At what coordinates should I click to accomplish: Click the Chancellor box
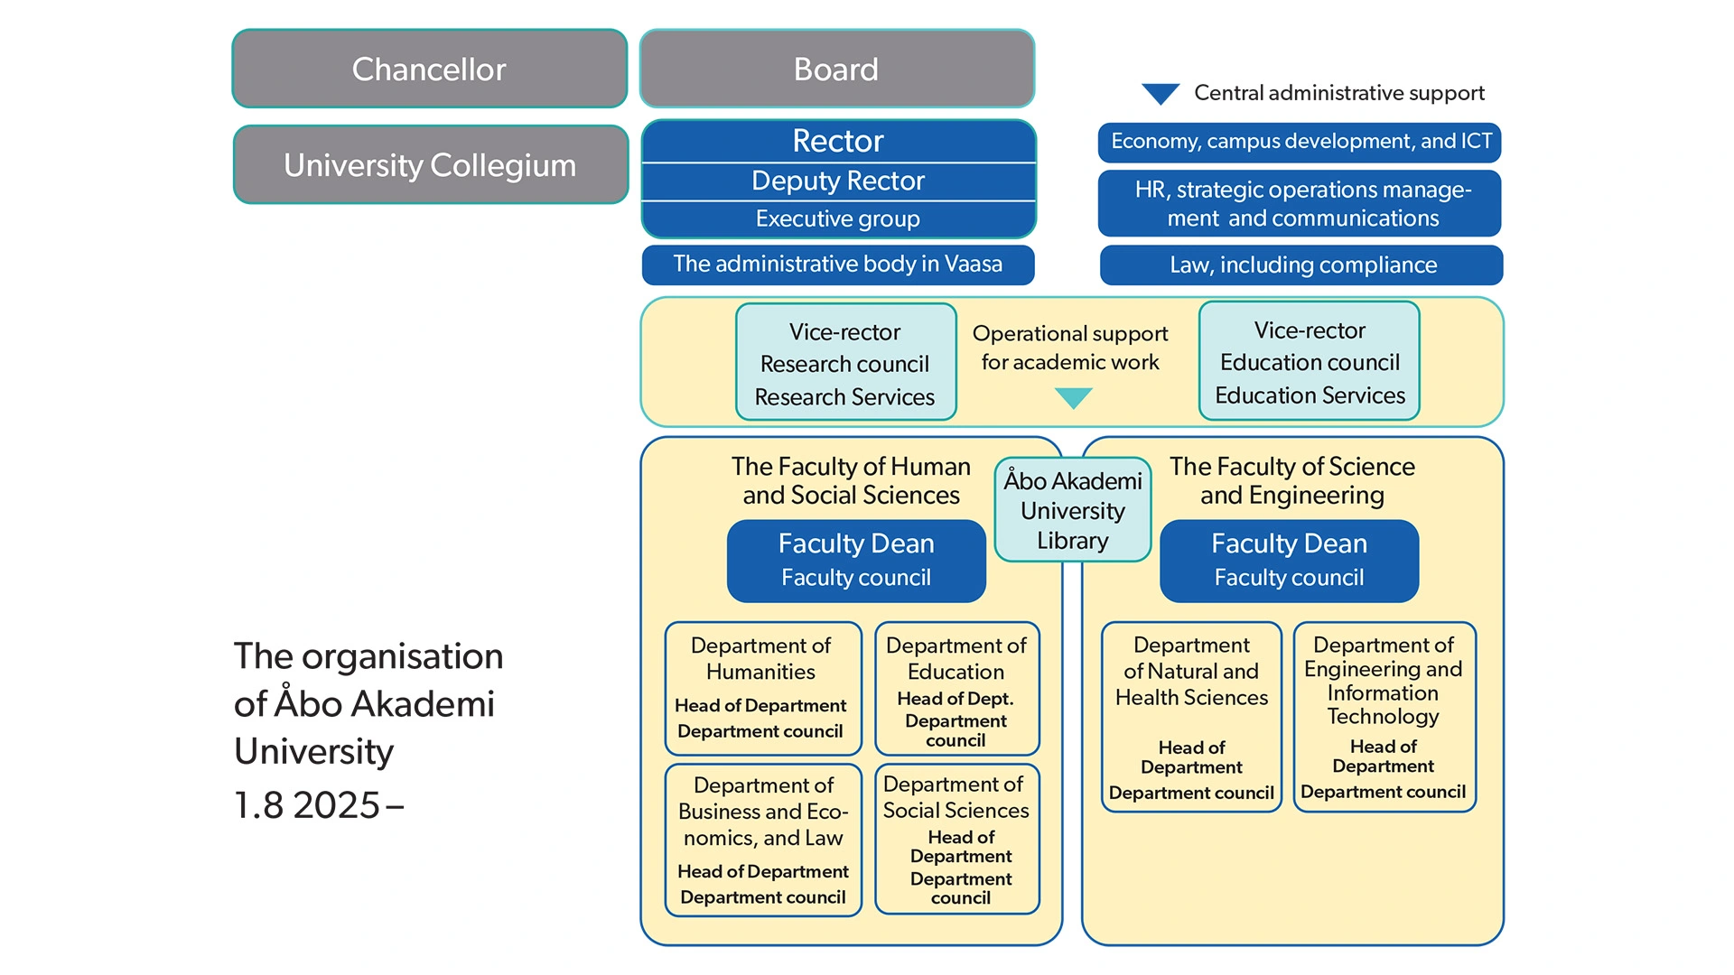coord(430,69)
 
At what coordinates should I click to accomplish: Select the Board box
coord(837,69)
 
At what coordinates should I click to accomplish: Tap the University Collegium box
coord(431,165)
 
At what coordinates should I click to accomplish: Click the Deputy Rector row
coord(838,181)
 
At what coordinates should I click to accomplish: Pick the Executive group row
coord(838,219)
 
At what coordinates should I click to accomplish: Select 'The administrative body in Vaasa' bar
coord(838,265)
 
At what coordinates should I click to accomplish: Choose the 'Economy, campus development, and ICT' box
coord(1300,142)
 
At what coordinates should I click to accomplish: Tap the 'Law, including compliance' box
coord(1301,265)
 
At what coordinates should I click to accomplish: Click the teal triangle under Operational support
coord(1074,397)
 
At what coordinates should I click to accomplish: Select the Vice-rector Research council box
coord(846,363)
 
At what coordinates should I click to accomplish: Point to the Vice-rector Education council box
coord(1310,362)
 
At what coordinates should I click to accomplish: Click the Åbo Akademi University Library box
coord(1073,510)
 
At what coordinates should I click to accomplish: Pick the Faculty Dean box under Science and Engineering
coord(1289,561)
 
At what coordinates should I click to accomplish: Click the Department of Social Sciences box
coord(957,840)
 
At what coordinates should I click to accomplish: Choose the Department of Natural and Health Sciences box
coord(1191,717)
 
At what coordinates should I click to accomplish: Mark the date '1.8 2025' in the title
coord(307,805)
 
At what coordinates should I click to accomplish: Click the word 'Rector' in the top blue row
coord(838,141)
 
